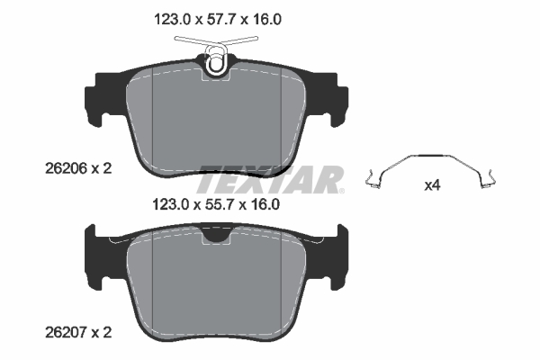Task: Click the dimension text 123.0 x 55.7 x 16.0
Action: pyautogui.click(x=214, y=204)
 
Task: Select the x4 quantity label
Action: pyautogui.click(x=432, y=186)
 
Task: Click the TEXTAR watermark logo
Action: pyautogui.click(x=270, y=179)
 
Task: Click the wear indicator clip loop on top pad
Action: pyautogui.click(x=215, y=63)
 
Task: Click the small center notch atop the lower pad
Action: pyautogui.click(x=215, y=235)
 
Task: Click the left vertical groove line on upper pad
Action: pyautogui.click(x=154, y=117)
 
